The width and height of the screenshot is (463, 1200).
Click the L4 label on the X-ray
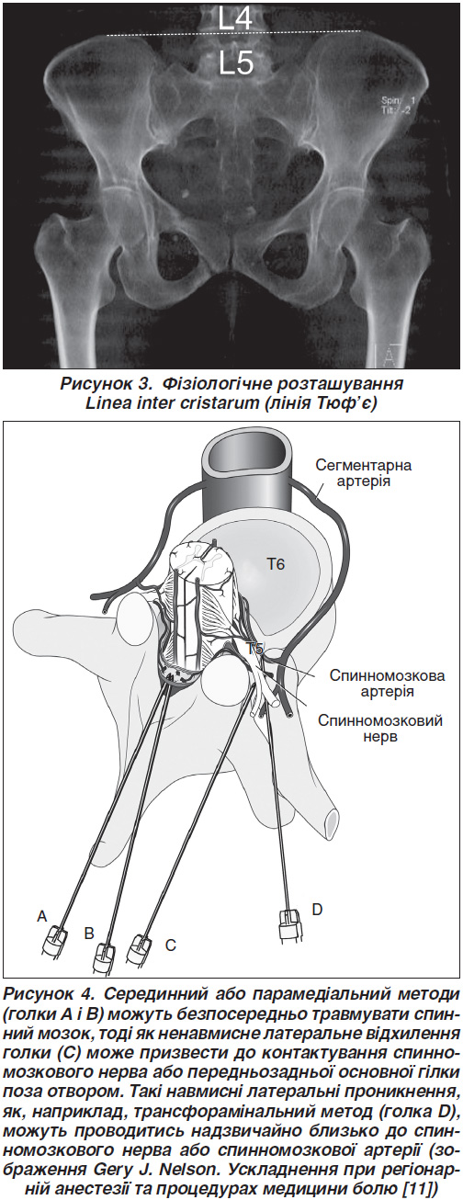point(235,18)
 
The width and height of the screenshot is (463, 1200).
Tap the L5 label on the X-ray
point(236,64)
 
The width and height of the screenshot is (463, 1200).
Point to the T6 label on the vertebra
point(276,564)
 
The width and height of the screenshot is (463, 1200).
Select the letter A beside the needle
point(42,917)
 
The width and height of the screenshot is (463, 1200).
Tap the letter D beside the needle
point(317,909)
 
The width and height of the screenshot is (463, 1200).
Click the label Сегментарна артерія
point(364,473)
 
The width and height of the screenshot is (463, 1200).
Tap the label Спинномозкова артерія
point(387,683)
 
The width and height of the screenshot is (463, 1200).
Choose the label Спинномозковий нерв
point(380,728)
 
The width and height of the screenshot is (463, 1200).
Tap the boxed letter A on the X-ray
point(390,357)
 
